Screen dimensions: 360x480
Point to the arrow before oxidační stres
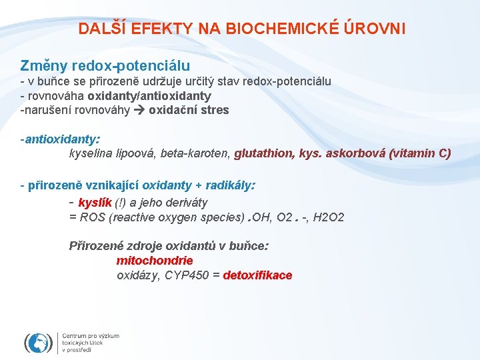(x=141, y=110)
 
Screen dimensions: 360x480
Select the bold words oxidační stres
(x=189, y=110)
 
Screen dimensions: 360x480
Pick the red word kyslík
(x=95, y=203)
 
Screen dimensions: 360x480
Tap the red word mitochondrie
(x=155, y=261)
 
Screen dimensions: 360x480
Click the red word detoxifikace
(x=257, y=275)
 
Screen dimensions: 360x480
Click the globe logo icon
(x=38, y=342)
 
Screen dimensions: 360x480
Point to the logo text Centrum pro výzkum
(x=91, y=336)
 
